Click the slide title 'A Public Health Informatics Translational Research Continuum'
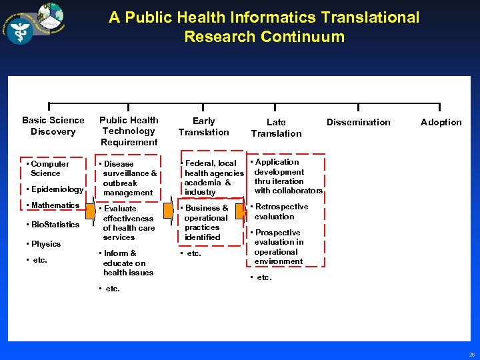(264, 27)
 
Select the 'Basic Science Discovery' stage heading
(53, 126)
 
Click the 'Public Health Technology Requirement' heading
(129, 131)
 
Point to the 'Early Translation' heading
(203, 126)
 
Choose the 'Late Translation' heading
(276, 127)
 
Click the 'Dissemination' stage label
(358, 122)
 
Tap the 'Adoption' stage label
(441, 122)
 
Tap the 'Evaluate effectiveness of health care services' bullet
(128, 223)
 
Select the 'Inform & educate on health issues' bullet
(127, 263)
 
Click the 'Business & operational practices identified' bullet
(205, 223)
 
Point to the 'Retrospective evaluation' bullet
(280, 211)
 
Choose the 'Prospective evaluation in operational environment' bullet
(279, 247)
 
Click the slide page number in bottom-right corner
(471, 354)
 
